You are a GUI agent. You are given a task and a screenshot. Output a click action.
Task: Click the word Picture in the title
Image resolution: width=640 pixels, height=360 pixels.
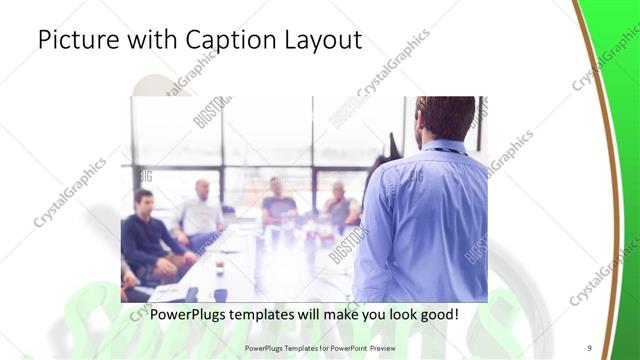coord(76,41)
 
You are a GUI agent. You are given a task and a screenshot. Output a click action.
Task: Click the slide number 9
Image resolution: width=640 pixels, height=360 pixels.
coord(590,347)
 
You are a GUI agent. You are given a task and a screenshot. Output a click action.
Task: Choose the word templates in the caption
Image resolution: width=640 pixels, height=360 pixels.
coord(272,314)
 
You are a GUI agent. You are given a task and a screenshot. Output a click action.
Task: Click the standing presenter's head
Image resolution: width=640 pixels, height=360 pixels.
coord(444,118)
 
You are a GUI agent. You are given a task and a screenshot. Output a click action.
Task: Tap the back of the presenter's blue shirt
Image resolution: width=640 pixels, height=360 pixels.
coord(425,220)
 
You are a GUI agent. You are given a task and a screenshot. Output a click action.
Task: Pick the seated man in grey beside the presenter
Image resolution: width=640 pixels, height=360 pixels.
coord(340,205)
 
